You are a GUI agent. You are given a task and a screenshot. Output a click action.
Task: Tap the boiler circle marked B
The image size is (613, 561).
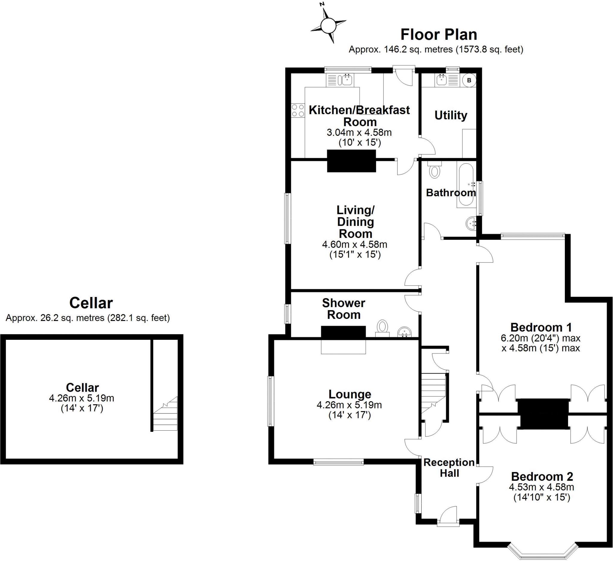[469, 80]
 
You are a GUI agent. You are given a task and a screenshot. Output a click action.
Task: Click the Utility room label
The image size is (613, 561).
[451, 115]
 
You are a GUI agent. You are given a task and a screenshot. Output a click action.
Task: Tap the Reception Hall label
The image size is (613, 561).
[449, 467]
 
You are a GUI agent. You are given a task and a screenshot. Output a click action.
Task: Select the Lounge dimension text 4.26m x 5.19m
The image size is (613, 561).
[349, 405]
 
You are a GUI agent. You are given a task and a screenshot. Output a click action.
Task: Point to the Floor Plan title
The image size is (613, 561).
[439, 34]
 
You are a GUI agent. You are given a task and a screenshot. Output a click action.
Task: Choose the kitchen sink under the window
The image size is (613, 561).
[340, 80]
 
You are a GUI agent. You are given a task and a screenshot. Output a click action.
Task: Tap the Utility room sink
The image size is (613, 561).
[447, 80]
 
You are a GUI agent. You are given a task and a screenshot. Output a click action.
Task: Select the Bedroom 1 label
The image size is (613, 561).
[541, 327]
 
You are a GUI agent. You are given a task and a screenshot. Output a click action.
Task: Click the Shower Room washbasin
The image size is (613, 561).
[405, 332]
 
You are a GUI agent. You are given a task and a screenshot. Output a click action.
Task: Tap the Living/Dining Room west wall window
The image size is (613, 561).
[288, 218]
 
